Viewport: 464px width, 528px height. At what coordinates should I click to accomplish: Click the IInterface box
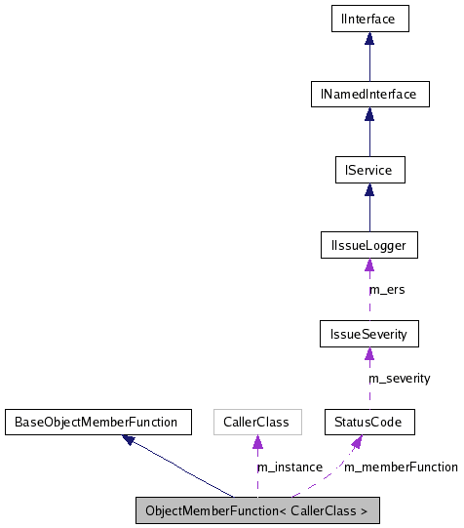(368, 19)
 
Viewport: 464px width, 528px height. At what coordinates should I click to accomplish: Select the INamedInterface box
(368, 95)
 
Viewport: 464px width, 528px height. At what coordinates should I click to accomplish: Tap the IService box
(368, 170)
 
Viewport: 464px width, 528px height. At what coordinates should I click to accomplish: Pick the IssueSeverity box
(368, 334)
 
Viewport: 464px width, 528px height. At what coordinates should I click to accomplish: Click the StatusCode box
(368, 423)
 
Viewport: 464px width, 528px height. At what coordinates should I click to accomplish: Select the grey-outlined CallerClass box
(256, 423)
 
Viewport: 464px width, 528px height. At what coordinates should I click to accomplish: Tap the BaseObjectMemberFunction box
(95, 423)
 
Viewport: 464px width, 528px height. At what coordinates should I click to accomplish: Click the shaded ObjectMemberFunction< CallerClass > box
(256, 510)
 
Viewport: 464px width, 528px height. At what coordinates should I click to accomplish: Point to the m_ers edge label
(387, 290)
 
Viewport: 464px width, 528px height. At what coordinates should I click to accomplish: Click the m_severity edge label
(398, 378)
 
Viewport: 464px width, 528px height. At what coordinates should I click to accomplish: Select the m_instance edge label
(289, 467)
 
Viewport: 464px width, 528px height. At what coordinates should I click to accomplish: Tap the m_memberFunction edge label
(401, 467)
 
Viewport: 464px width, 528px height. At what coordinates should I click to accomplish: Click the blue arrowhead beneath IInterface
(368, 39)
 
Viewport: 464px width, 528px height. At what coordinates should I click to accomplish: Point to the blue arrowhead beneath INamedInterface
(368, 114)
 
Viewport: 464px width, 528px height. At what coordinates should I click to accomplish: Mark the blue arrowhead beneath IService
(368, 190)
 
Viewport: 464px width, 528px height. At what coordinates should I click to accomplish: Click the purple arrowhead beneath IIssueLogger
(368, 266)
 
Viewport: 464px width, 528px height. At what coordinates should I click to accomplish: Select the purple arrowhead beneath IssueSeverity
(368, 354)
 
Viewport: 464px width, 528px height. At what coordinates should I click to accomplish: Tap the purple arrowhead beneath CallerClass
(256, 443)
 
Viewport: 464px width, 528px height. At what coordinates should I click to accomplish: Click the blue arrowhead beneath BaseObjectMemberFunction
(130, 440)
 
